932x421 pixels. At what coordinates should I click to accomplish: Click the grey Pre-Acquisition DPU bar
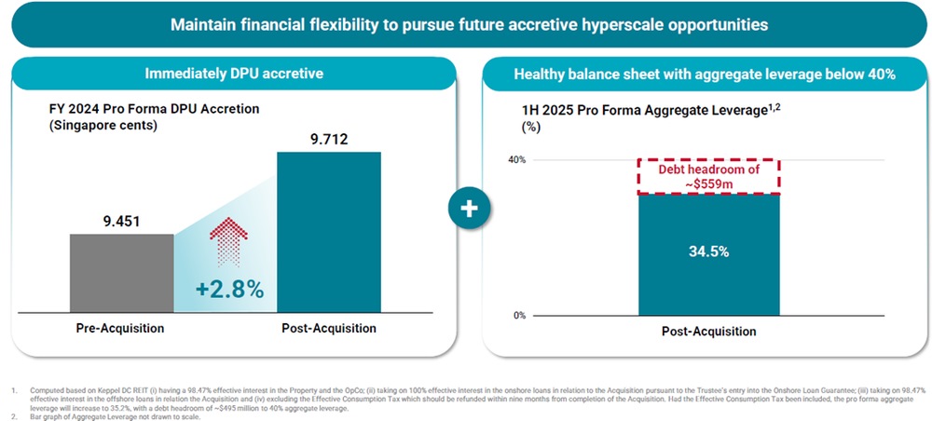(121, 272)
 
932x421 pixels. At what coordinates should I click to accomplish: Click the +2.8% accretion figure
(229, 289)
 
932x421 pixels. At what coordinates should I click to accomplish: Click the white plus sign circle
(469, 210)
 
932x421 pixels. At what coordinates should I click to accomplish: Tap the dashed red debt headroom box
(708, 176)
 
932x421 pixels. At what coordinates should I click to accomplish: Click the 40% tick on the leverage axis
(517, 160)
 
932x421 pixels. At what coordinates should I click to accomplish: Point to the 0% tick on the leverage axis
(520, 316)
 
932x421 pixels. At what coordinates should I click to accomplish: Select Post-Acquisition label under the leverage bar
(708, 332)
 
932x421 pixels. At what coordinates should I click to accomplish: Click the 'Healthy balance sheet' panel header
(705, 74)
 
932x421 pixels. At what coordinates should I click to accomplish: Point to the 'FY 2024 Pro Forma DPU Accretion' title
(154, 109)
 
